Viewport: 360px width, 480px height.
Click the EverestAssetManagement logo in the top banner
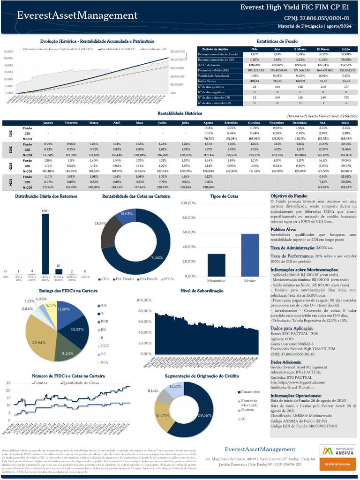(x=77, y=16)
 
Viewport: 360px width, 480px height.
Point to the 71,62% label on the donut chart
(x=157, y=257)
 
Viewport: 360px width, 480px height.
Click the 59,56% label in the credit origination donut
(x=205, y=415)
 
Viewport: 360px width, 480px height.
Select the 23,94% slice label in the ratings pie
(x=39, y=343)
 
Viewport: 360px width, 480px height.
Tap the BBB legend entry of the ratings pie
(x=104, y=322)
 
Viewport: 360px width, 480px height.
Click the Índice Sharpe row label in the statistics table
(x=207, y=81)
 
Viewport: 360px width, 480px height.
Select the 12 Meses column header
(x=322, y=49)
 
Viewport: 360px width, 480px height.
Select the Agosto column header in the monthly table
(x=209, y=122)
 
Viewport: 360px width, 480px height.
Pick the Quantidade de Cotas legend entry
(x=81, y=383)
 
